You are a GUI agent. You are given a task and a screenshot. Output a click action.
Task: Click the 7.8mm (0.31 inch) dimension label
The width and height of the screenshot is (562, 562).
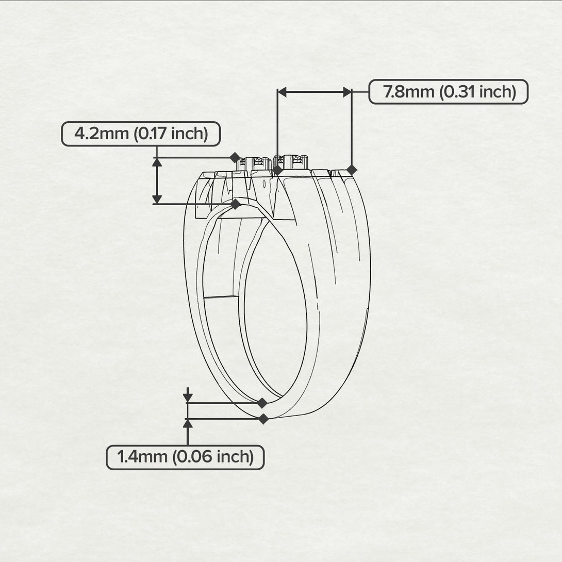tap(449, 92)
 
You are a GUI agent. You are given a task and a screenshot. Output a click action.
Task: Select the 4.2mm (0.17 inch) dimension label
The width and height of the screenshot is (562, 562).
tap(141, 134)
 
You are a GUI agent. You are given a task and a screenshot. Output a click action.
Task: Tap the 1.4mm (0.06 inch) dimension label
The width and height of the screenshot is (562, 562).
tap(185, 457)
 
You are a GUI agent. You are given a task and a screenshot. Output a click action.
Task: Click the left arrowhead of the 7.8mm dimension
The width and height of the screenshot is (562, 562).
tap(283, 92)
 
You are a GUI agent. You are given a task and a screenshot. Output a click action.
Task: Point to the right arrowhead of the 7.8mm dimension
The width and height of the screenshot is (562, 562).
tap(347, 92)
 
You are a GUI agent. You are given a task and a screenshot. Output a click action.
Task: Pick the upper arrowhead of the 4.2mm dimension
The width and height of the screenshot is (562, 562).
tap(157, 163)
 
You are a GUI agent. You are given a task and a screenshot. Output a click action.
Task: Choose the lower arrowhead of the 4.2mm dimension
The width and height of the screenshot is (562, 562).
tap(157, 199)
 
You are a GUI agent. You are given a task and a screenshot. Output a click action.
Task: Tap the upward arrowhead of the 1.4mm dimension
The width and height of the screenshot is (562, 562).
tap(188, 424)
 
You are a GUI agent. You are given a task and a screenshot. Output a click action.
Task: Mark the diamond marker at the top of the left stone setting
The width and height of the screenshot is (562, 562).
tap(235, 157)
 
